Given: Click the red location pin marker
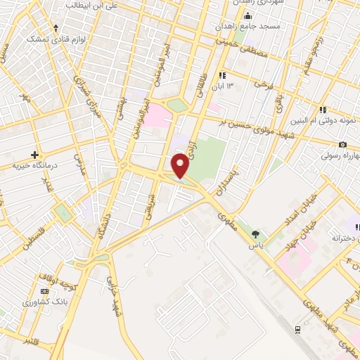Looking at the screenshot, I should click(181, 165).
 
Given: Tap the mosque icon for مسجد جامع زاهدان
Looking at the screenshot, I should click(247, 16).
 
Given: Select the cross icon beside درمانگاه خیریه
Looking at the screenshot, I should click(34, 154).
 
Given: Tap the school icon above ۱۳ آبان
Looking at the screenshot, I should click(223, 75).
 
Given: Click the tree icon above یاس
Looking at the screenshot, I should click(255, 235).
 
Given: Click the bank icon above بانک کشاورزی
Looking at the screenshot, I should click(44, 291).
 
